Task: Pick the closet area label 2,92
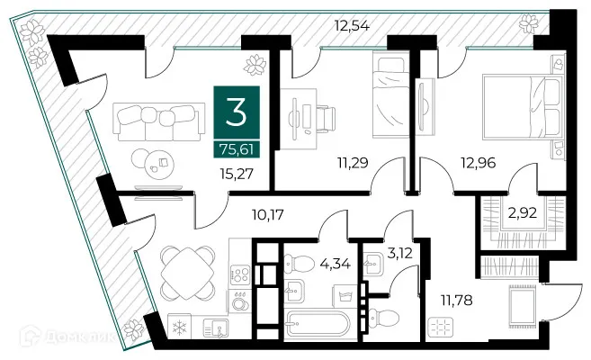click(x=522, y=216)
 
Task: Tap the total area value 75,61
click(x=238, y=148)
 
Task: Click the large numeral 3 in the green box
click(x=238, y=112)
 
